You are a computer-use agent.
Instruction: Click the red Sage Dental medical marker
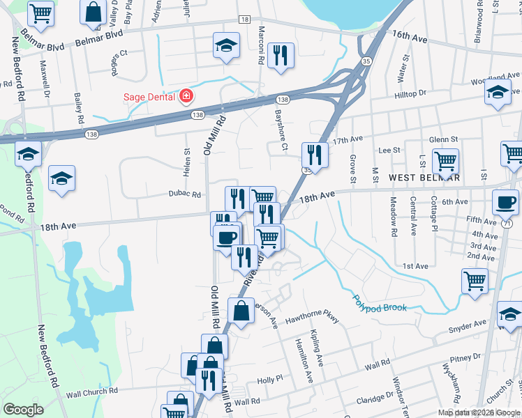click(186, 95)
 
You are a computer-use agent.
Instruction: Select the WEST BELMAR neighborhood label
click(424, 178)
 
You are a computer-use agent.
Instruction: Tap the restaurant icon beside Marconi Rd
click(281, 55)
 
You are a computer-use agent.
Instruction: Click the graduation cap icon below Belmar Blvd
click(225, 46)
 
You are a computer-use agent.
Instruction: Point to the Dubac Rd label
click(184, 194)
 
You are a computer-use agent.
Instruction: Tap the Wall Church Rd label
click(91, 392)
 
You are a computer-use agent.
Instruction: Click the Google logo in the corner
click(23, 410)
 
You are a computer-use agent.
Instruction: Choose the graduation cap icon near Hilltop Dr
click(498, 93)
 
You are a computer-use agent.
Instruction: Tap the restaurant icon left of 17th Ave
click(315, 155)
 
